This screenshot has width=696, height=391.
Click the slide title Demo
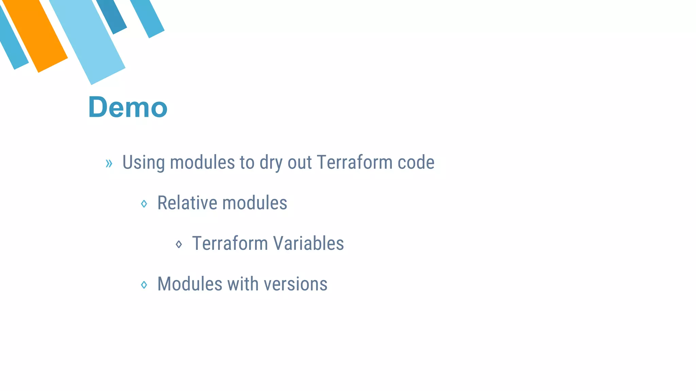coord(128,107)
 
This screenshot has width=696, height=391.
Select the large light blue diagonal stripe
coord(88,41)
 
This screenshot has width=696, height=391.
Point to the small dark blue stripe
coord(112,15)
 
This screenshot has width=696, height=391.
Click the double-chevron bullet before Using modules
coord(109,163)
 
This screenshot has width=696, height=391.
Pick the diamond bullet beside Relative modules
coord(144,204)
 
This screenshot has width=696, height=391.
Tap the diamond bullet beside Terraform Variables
coord(179,244)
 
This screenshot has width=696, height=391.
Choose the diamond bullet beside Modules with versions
coord(144,284)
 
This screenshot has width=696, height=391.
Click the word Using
coord(143,162)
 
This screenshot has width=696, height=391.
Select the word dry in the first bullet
coord(271,162)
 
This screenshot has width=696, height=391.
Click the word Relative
coord(187,203)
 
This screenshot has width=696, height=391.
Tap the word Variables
coord(309,243)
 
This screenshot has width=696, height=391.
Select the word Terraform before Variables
coord(230,243)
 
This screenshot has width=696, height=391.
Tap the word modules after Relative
coord(255,203)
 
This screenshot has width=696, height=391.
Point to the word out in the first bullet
coord(300,162)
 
